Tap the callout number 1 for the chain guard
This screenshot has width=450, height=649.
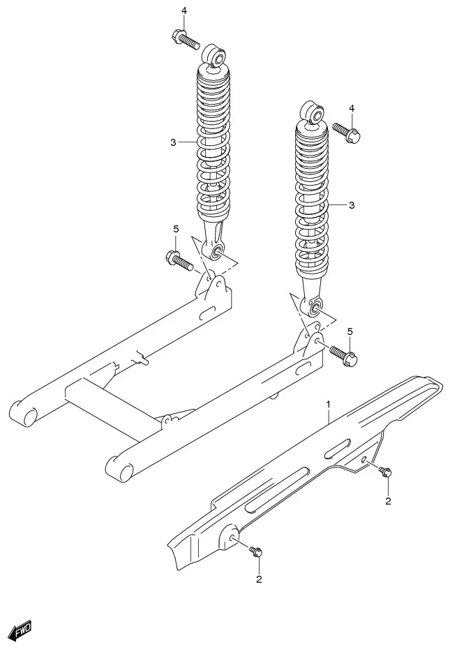[328, 404]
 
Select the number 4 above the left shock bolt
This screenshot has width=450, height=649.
[184, 10]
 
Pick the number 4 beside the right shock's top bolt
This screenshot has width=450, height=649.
[352, 108]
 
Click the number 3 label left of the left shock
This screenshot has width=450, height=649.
[173, 142]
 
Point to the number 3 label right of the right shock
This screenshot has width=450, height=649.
[352, 205]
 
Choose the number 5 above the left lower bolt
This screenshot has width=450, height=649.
[176, 229]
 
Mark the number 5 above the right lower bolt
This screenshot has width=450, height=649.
[350, 331]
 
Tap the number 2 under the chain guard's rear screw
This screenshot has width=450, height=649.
[389, 500]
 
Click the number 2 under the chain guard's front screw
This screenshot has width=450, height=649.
[259, 579]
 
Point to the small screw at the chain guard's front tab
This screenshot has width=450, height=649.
[255, 552]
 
